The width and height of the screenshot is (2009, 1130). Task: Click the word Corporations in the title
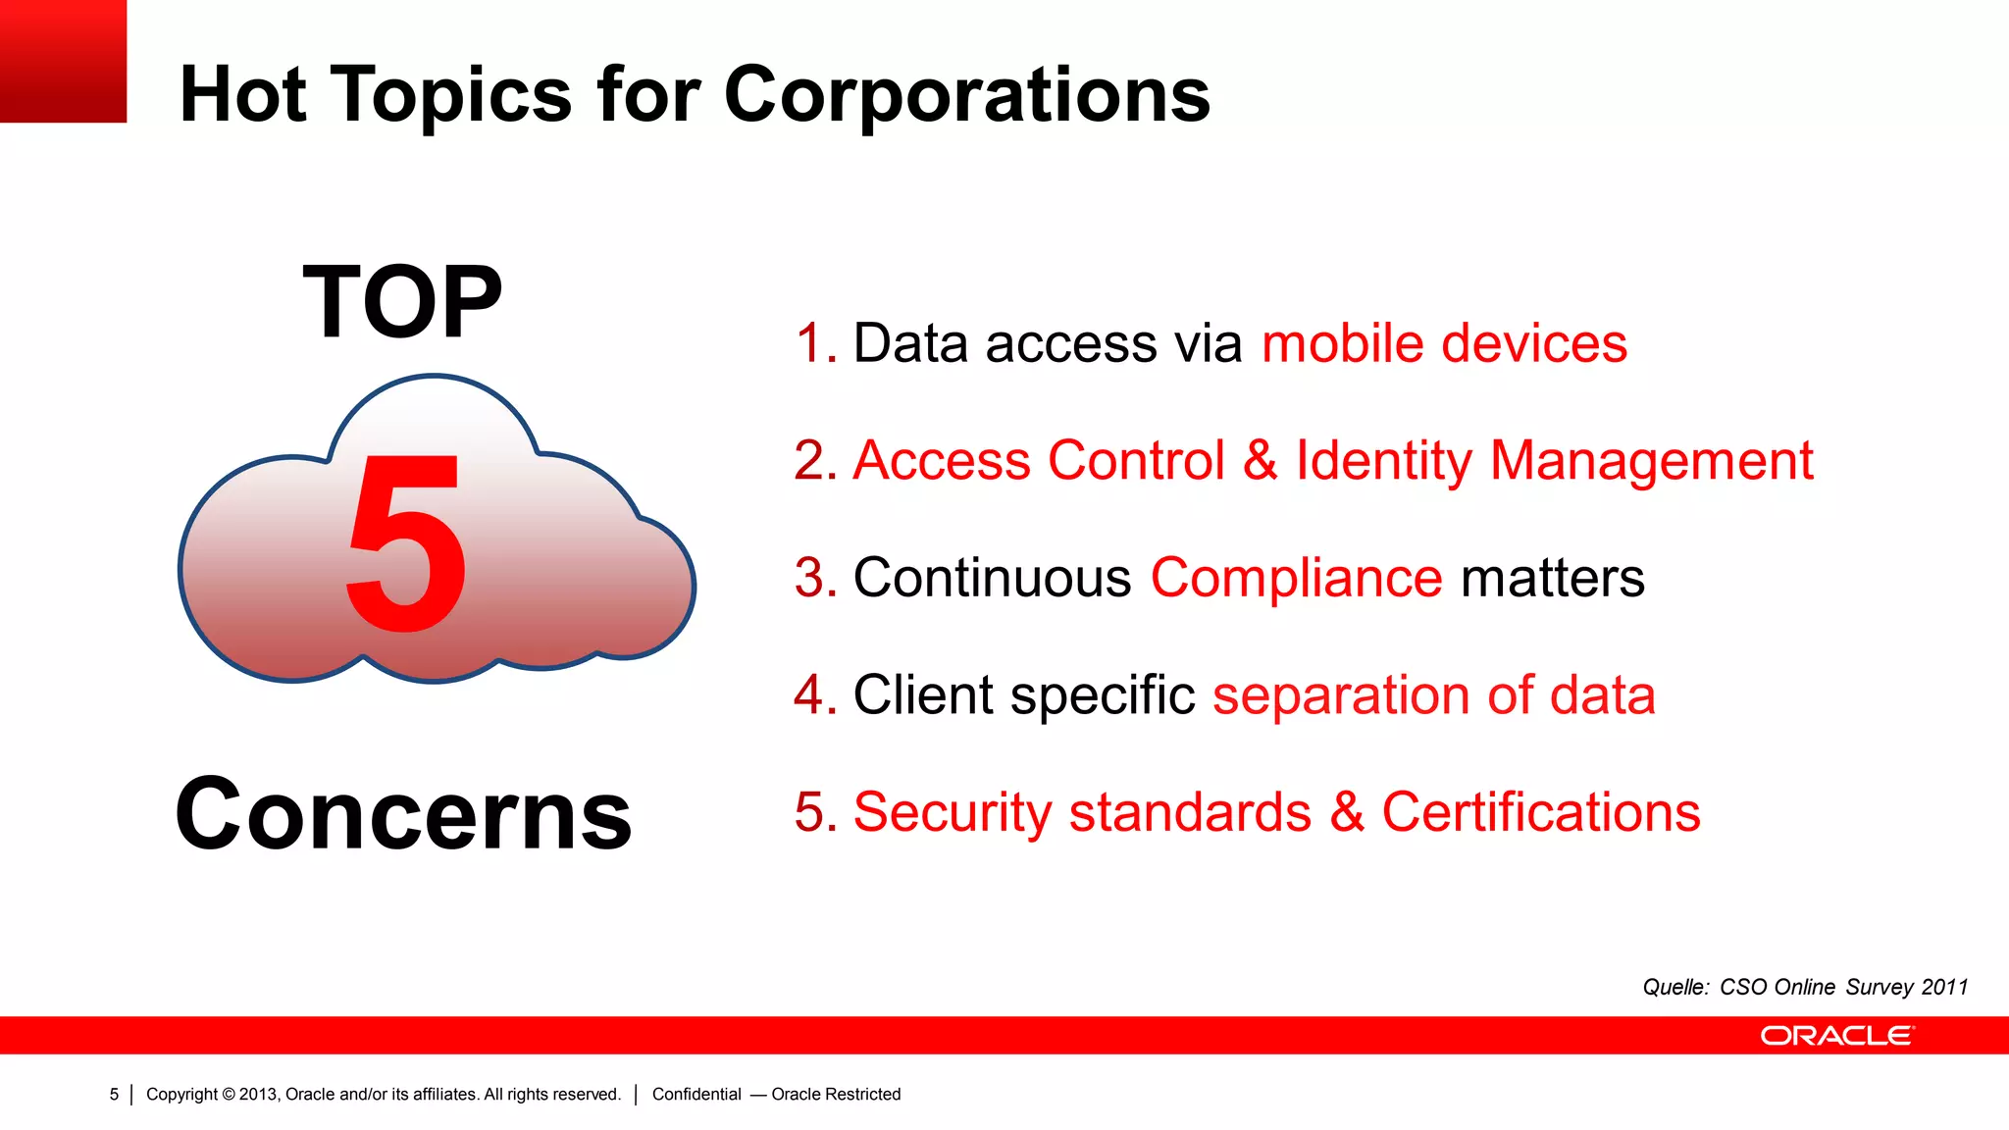[966, 95]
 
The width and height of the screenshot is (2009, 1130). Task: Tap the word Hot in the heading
[242, 95]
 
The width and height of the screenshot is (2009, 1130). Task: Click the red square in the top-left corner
[63, 61]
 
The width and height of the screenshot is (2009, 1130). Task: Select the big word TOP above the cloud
[402, 303]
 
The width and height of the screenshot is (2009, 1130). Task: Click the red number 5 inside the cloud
[406, 545]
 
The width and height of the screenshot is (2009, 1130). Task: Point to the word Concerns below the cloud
[403, 814]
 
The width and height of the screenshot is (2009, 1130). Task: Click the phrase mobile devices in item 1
[1444, 344]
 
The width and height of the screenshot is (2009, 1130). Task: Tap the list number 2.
[814, 461]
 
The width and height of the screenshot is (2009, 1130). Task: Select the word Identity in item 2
[1383, 461]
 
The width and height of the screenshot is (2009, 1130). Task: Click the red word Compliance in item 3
[1296, 578]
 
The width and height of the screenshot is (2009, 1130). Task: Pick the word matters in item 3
[1552, 578]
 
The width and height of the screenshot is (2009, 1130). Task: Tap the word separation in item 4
[1340, 695]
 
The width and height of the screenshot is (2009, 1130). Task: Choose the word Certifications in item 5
[1540, 812]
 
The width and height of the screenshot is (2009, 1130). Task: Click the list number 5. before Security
[814, 812]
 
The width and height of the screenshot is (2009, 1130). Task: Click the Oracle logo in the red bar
[1836, 1036]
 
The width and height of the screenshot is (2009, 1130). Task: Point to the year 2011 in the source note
[1944, 987]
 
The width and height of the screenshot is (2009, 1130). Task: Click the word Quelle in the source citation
[1675, 987]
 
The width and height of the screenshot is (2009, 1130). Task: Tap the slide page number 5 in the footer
[114, 1095]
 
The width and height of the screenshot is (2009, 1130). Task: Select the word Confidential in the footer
[696, 1095]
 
